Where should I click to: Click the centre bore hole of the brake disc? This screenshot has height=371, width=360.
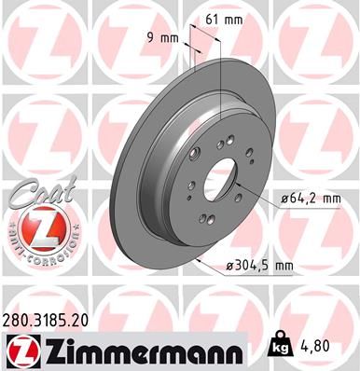coord(225,177)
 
